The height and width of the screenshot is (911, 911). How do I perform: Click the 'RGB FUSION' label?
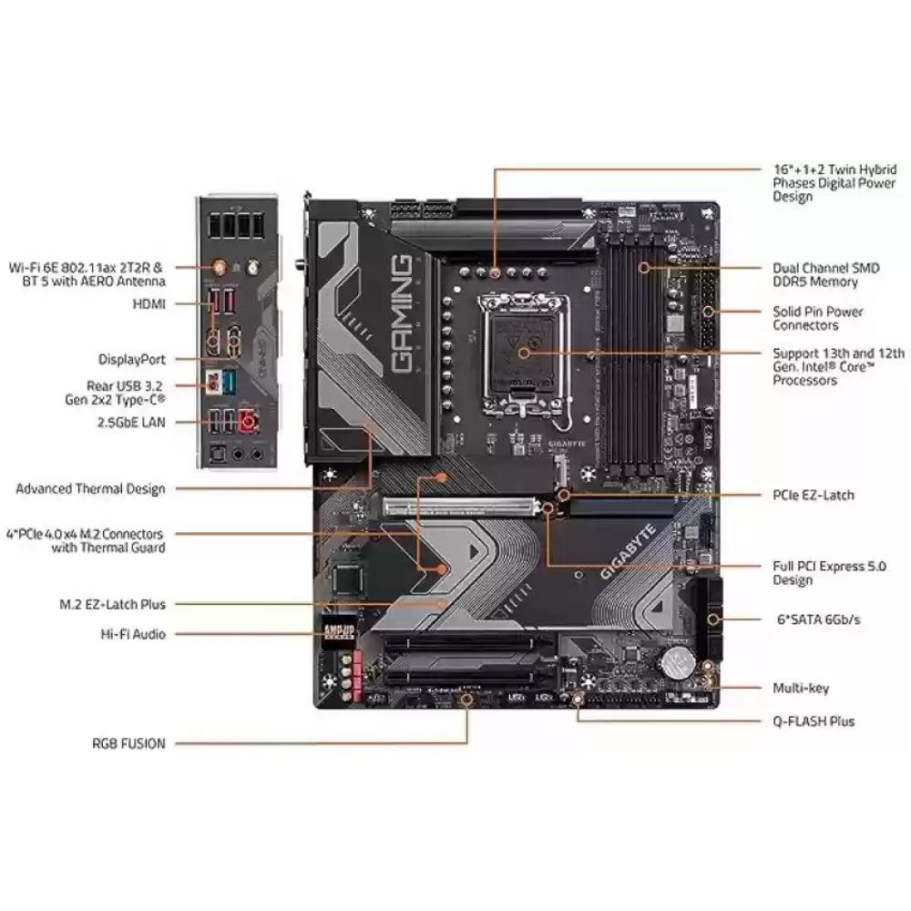pos(128,743)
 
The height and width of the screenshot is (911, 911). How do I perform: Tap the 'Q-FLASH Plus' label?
pos(814,722)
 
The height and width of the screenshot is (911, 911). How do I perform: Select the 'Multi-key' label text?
pos(801,689)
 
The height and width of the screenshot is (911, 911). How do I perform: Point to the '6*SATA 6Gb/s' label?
pos(819,619)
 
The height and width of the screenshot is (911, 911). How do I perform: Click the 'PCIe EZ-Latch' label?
pos(814,496)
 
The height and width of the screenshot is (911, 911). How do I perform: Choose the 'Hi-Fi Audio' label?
pos(133,634)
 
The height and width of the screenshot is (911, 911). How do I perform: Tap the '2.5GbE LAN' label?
pos(131,423)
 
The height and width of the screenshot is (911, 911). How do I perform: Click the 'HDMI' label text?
pos(149,304)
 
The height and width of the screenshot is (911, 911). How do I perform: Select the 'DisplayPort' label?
pos(132,360)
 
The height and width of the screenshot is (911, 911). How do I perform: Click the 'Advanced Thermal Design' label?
pos(90,489)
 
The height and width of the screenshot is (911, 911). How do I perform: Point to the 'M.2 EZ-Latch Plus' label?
pos(113,604)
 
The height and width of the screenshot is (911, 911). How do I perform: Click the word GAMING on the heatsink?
pos(402,313)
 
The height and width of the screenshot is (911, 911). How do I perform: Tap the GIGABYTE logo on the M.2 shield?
pos(628,552)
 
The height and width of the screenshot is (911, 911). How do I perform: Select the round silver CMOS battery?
pos(678,663)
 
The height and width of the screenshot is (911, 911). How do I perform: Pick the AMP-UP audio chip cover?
pos(338,632)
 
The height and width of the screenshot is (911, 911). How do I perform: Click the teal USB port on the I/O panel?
pos(229,382)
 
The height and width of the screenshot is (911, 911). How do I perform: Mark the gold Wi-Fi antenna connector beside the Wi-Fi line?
pos(220,268)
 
